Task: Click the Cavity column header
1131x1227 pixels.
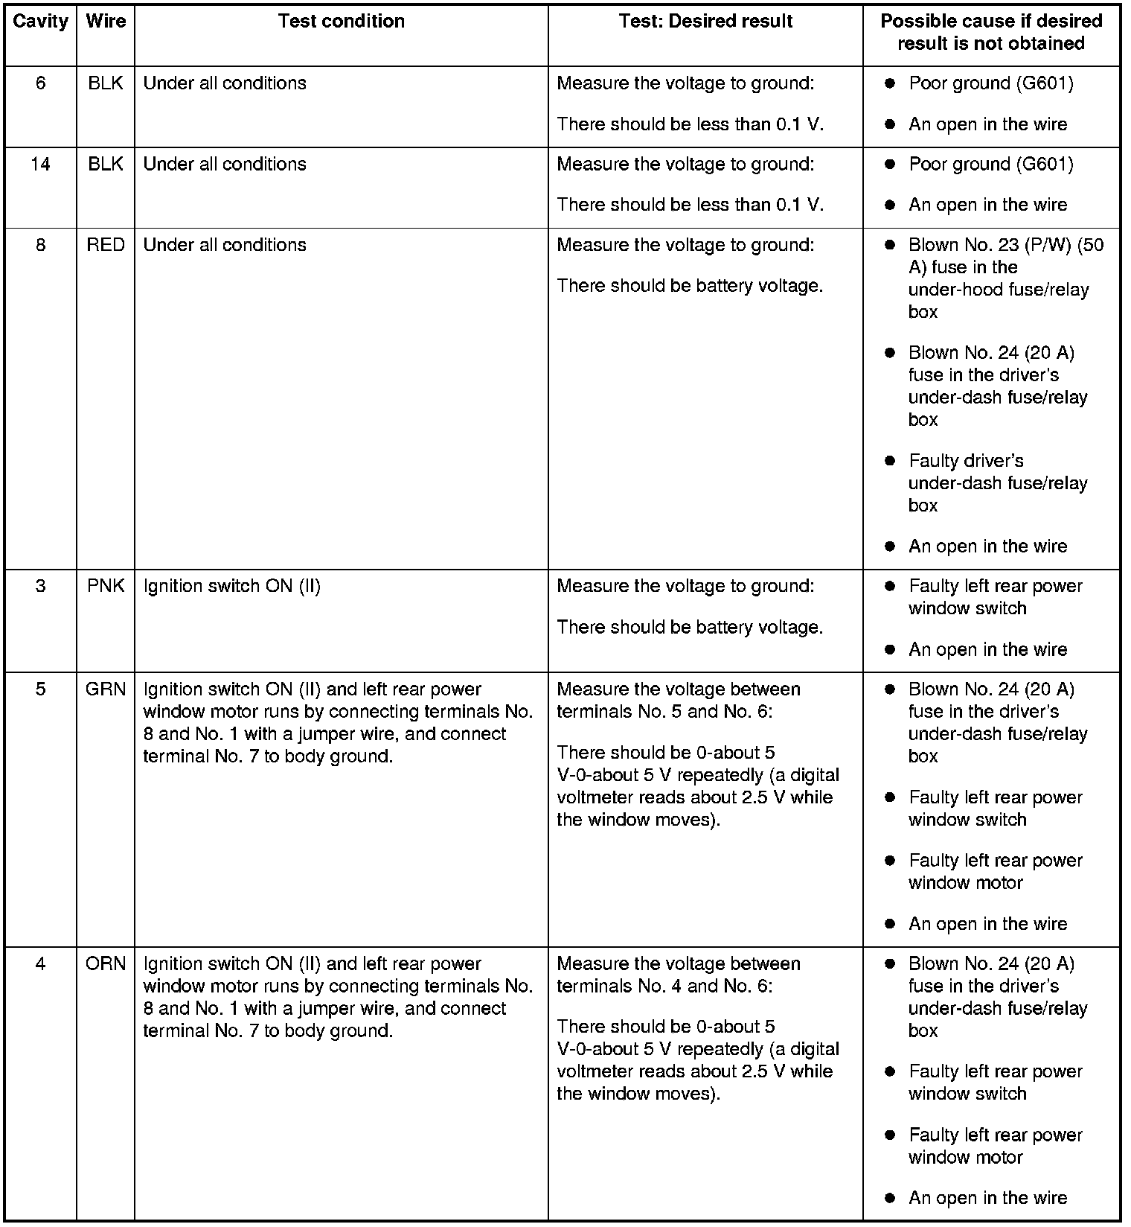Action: (x=40, y=22)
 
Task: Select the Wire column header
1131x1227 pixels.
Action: (x=106, y=22)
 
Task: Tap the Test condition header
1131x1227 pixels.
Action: (x=341, y=22)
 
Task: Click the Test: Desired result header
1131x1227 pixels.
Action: (x=705, y=22)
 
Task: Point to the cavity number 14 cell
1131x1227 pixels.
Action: (x=40, y=165)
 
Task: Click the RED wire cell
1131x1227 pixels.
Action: (x=106, y=246)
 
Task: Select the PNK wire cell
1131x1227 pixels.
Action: (x=106, y=587)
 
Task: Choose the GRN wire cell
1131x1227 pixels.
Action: (x=106, y=689)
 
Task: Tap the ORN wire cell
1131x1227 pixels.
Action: (x=106, y=964)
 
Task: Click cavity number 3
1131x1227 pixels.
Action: (x=40, y=587)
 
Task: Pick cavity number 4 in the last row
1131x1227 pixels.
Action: (x=40, y=964)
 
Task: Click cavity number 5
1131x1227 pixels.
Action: (x=40, y=689)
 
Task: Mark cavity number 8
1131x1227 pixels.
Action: (x=40, y=246)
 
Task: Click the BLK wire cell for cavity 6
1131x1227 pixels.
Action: (x=106, y=83)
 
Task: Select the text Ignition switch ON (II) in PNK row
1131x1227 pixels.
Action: (x=231, y=587)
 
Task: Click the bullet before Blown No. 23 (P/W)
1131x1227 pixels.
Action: (x=889, y=246)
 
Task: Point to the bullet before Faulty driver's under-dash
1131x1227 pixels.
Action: (x=889, y=462)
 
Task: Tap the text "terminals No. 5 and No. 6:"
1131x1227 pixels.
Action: (x=664, y=712)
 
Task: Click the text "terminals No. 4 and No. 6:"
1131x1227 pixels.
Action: (x=664, y=987)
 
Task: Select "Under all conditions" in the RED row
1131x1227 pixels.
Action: (x=225, y=246)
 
